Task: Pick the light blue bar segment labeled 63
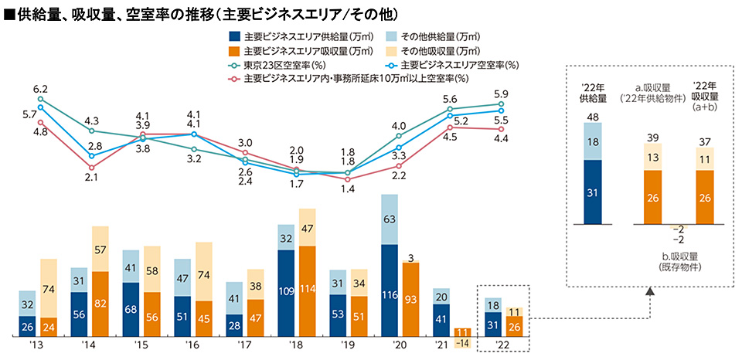390,219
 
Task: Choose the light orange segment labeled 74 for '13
49,288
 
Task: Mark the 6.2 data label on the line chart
40,89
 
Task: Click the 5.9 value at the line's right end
501,94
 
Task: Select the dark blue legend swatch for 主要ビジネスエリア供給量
235,36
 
